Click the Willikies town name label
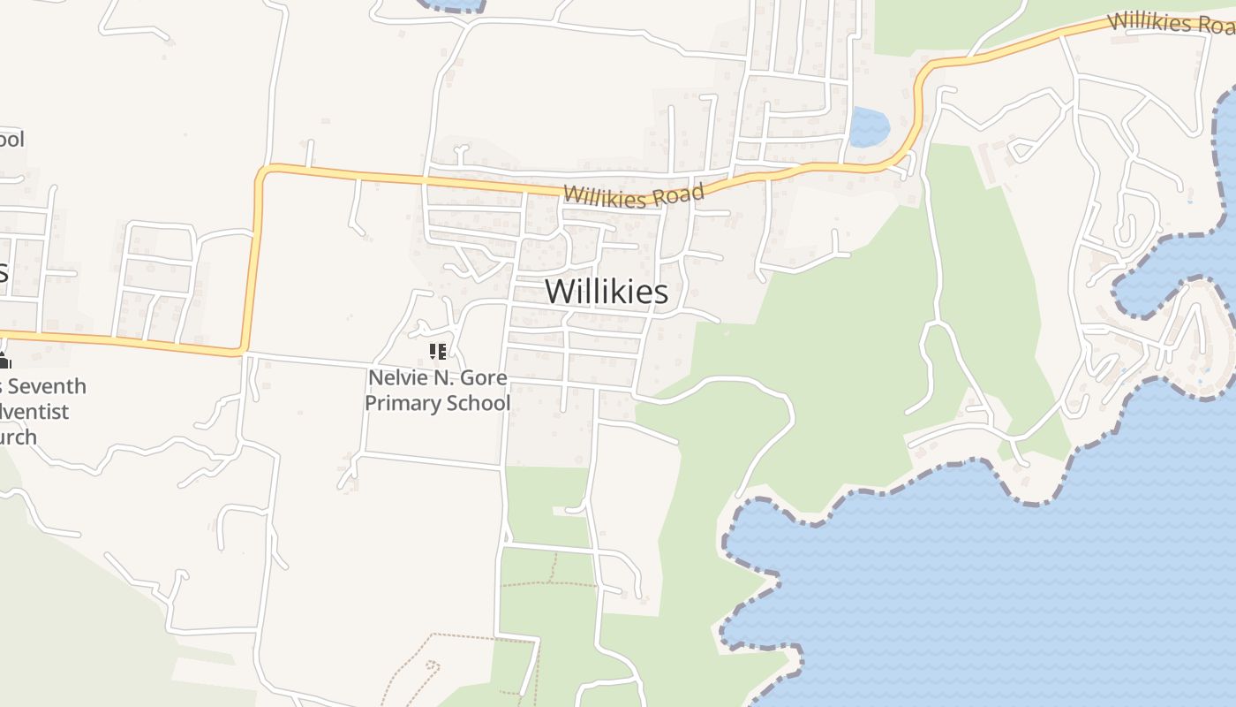coord(607,291)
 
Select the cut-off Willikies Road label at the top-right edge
coord(1171,23)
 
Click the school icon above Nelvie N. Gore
coord(437,352)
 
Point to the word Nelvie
coord(395,378)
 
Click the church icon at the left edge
coord(4,361)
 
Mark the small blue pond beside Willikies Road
coord(869,126)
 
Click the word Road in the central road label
coord(682,194)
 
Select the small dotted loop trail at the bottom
coord(431,666)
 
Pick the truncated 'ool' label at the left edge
coord(11,139)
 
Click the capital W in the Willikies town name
coord(559,292)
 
